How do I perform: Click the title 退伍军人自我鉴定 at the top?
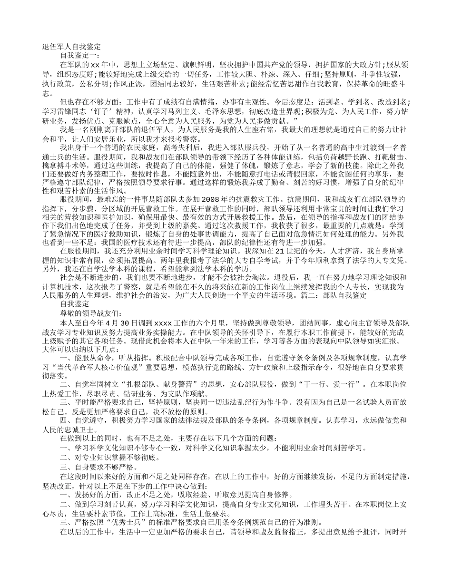click(x=71, y=47)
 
